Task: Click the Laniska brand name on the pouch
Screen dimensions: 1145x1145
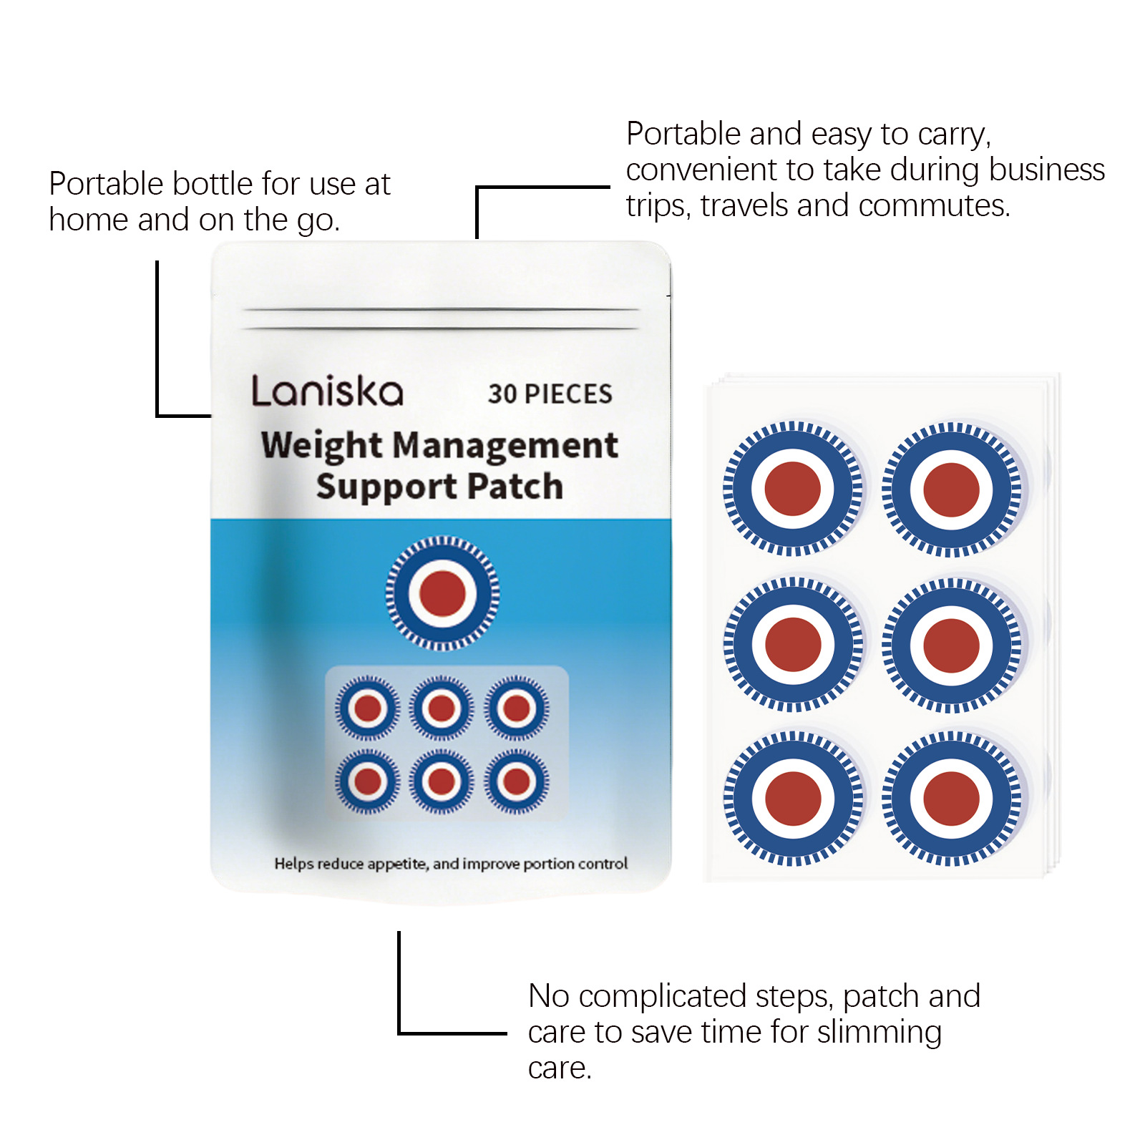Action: coord(327,391)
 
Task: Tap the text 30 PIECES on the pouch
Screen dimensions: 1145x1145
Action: coord(550,394)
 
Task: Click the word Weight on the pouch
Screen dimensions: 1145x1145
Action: coord(321,446)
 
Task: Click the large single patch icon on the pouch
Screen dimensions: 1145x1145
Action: coord(442,593)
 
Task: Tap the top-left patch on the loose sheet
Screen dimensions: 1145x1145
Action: coord(792,489)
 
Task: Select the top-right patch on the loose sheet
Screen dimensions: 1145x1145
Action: coord(951,489)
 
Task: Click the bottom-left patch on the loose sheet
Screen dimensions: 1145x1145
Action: coord(792,798)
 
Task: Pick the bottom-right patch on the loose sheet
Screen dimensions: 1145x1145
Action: coord(951,799)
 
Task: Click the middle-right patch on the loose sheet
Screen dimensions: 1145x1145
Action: coord(951,645)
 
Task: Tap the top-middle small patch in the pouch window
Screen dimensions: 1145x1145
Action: coord(442,708)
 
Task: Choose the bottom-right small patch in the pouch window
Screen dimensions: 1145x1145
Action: coord(517,781)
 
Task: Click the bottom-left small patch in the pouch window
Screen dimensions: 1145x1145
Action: coord(367,781)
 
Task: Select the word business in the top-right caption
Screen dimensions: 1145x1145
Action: coord(1047,170)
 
